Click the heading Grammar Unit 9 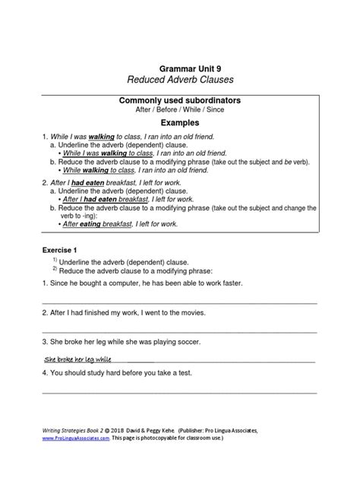click(179, 68)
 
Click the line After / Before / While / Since click(179, 111)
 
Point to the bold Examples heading click(179, 122)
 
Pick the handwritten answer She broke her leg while click(78, 358)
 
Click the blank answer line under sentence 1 click(179, 302)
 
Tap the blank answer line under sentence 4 click(179, 392)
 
